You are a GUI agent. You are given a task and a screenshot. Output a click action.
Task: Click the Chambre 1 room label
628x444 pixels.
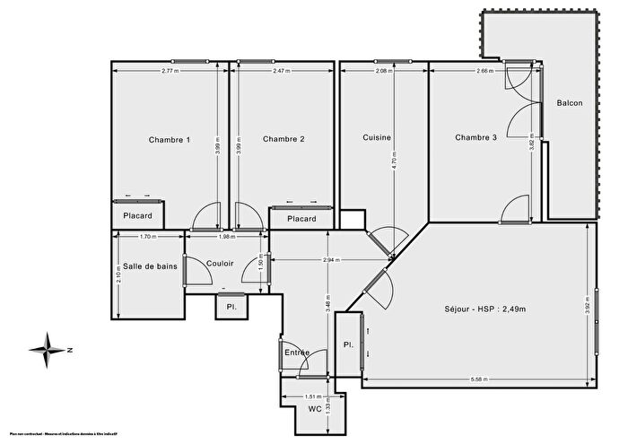[169, 139]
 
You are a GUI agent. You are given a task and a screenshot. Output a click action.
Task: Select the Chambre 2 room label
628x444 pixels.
[283, 139]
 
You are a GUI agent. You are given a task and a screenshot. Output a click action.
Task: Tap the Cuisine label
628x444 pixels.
[377, 137]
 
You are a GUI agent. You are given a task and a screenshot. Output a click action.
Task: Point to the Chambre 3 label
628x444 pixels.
[475, 137]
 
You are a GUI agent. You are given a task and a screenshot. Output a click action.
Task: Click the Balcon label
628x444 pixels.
[570, 102]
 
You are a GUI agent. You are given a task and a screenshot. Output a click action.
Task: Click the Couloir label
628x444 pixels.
[220, 264]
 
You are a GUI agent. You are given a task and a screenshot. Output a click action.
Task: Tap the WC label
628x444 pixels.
[313, 409]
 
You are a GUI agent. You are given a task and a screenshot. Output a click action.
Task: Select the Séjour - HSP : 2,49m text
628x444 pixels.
[484, 309]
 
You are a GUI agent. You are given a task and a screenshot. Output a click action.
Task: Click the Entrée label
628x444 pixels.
[297, 353]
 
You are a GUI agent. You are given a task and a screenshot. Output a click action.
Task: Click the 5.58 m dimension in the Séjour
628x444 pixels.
[478, 379]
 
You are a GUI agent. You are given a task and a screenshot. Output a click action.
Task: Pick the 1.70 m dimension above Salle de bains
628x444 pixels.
[148, 237]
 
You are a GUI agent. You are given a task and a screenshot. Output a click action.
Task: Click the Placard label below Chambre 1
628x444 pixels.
[137, 216]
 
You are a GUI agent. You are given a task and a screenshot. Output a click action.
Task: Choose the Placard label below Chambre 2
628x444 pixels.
[301, 220]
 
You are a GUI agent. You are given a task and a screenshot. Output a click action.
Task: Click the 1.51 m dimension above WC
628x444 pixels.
[312, 396]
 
